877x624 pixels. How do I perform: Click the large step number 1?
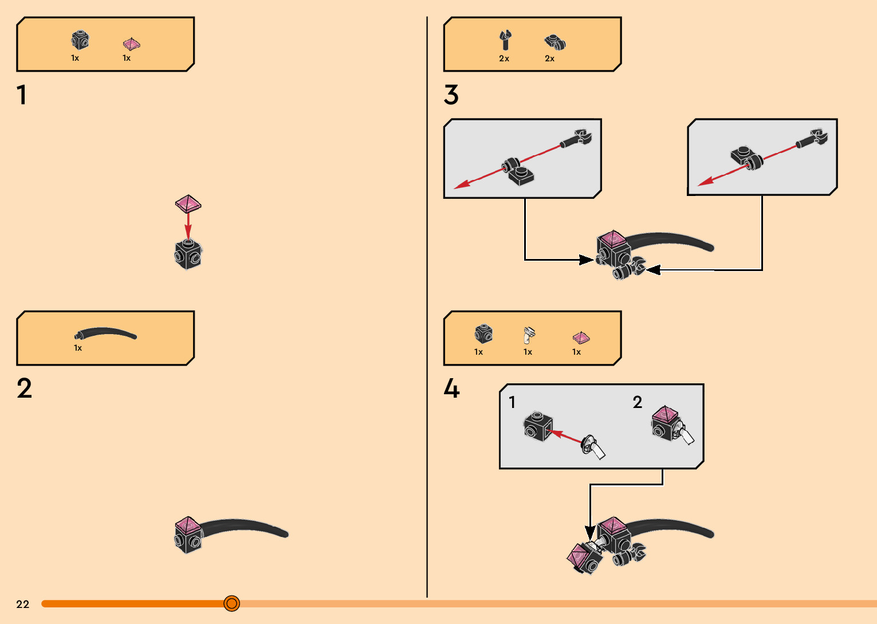[22, 95]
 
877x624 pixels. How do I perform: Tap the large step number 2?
[24, 388]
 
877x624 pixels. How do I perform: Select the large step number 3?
[451, 95]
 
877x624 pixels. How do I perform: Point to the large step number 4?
[451, 388]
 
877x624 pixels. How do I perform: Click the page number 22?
[23, 604]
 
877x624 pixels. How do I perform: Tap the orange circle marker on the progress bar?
[231, 603]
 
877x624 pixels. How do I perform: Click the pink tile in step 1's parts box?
[131, 44]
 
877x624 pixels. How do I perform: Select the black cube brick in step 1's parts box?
[80, 40]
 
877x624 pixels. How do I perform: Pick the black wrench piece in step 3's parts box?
[504, 41]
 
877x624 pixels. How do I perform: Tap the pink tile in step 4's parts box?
[580, 337]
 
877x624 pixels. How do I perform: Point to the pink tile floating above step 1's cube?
[188, 203]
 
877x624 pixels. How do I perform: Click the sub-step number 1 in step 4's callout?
[512, 402]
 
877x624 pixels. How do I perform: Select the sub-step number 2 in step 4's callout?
[638, 402]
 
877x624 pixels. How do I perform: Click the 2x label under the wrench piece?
[504, 58]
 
